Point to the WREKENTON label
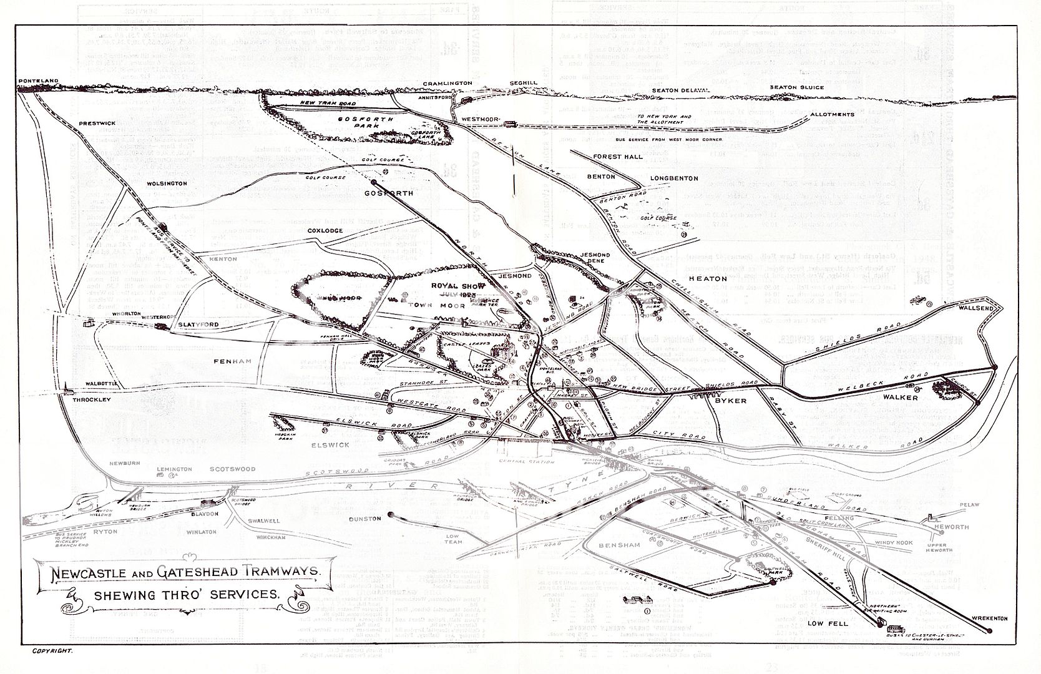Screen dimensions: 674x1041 (x=990, y=618)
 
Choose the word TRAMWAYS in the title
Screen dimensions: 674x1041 (x=280, y=571)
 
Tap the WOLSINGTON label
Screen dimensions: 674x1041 (x=167, y=183)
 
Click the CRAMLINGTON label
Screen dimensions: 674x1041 (x=447, y=83)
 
